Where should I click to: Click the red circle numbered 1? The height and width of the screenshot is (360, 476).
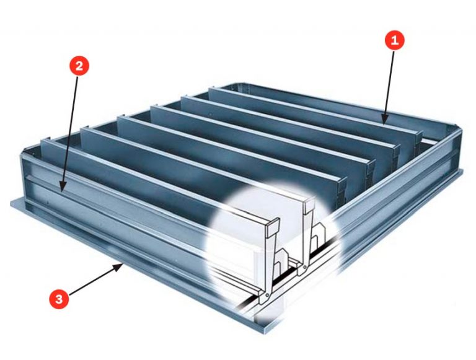pos(395,41)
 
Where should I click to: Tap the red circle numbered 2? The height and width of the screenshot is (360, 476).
pos(79,66)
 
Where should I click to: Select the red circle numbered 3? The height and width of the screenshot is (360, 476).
pos(59,299)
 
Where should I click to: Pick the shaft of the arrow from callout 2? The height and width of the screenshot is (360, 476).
pos(70,134)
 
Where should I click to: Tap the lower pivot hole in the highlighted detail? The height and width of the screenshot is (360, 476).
pos(267,295)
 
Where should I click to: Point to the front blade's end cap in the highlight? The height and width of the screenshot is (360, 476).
pos(272,229)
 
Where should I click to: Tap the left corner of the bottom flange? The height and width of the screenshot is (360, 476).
pos(11,203)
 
